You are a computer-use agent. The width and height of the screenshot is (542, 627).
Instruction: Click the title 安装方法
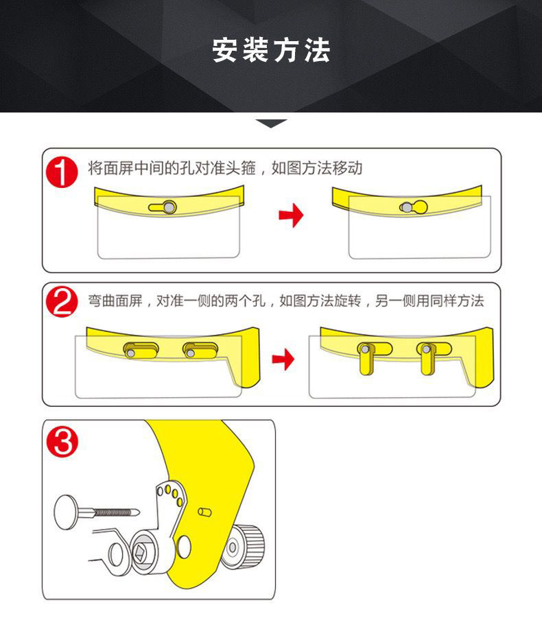point(271,51)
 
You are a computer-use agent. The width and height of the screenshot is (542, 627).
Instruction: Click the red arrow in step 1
point(291,216)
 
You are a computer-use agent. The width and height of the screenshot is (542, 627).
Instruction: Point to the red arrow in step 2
point(283,359)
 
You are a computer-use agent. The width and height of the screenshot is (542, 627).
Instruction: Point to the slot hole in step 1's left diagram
point(163,206)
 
